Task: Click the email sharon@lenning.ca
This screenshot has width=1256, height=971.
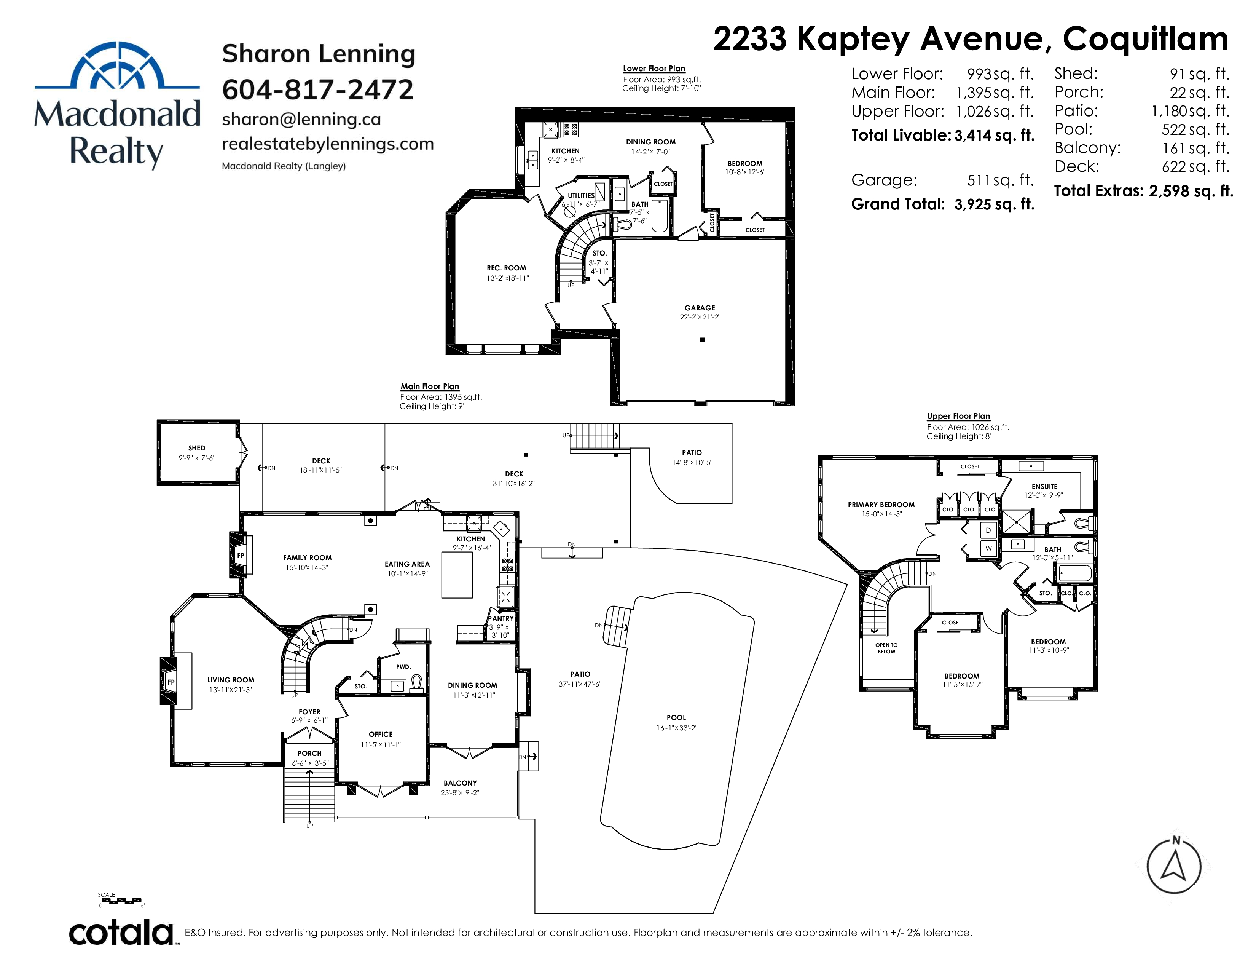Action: click(301, 119)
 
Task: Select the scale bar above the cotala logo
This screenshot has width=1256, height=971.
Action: click(120, 900)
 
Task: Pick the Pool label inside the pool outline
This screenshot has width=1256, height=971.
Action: click(676, 717)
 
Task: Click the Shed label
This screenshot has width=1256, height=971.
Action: click(197, 447)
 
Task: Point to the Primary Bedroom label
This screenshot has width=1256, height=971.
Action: click(881, 505)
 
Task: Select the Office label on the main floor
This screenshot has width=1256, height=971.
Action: click(381, 734)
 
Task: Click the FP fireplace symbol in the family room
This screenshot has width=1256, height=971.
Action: click(241, 556)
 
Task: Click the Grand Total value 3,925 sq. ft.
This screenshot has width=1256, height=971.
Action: click(994, 204)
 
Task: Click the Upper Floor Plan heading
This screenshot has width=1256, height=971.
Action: click(958, 416)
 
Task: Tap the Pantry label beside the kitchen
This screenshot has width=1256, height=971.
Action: click(500, 618)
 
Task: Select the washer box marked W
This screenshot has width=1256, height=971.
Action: click(988, 548)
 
